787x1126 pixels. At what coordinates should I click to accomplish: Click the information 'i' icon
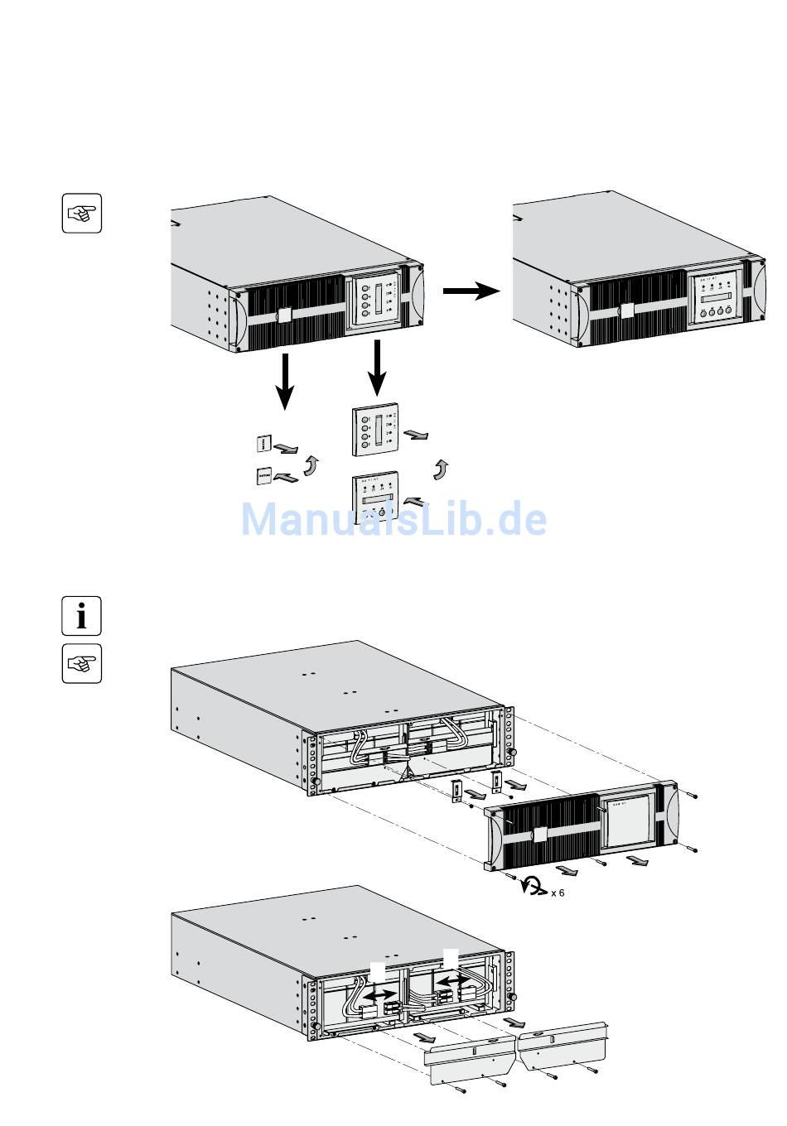click(81, 615)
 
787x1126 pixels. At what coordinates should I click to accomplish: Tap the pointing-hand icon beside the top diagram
click(81, 214)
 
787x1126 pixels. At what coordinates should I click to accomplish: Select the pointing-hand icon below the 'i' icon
click(81, 663)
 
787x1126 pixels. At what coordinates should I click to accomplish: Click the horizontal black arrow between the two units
click(471, 291)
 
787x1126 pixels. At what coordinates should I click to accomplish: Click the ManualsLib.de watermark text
click(393, 520)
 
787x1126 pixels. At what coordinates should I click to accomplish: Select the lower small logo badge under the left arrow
click(263, 476)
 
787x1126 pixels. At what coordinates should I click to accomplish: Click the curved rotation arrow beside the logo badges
click(311, 464)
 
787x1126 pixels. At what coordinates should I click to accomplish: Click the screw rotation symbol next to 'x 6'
click(532, 888)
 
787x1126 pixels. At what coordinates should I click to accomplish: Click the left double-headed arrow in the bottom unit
click(382, 992)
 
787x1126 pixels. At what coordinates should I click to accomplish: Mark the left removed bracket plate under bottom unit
click(470, 1061)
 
